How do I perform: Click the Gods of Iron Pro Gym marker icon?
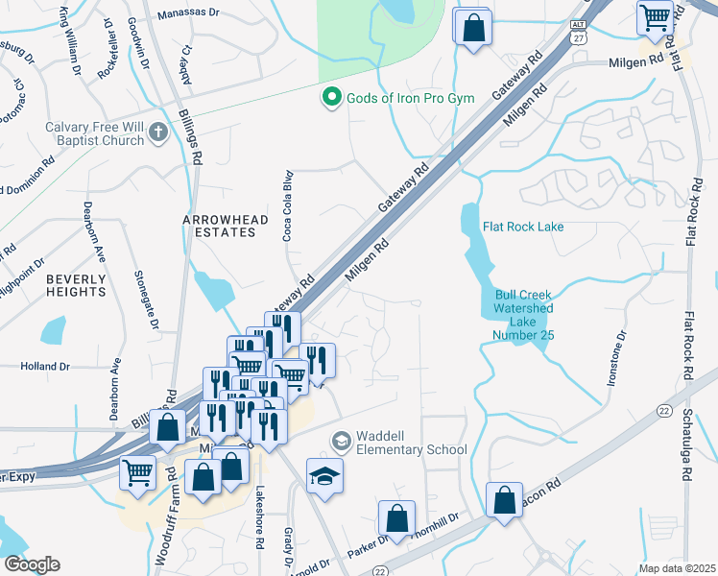331,97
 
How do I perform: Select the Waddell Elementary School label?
411,442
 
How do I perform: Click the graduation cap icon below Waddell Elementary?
325,474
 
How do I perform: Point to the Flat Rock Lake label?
523,227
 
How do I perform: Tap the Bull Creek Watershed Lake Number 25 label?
523,315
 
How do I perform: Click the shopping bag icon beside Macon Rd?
504,499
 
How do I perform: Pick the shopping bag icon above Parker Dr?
396,518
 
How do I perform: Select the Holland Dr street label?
46,366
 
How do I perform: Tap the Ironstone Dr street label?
617,358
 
